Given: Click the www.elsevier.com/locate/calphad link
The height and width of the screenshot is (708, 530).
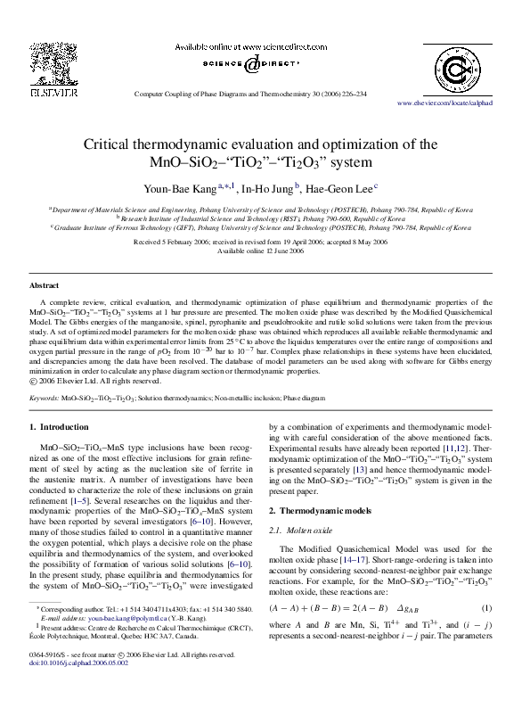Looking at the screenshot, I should click(457, 103).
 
